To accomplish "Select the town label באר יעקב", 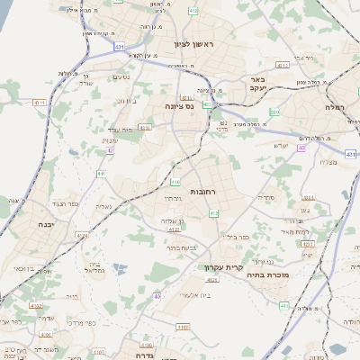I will tap(260, 85).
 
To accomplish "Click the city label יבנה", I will tap(45, 224).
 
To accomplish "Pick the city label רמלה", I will tap(342, 106).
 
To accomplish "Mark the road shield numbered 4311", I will tap(40, 103).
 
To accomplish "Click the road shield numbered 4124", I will tap(82, 236).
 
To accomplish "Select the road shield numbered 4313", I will tap(283, 65).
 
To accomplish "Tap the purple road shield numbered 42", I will tap(110, 150).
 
